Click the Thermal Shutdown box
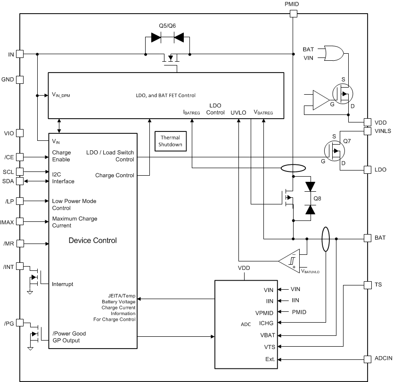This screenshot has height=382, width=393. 171,141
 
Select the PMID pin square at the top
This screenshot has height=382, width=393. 293,14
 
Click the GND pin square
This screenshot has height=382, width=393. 20,80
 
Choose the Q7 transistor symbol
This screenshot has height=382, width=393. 335,151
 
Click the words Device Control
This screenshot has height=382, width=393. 92,241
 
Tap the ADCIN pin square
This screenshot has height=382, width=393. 368,359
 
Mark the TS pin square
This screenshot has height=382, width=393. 368,285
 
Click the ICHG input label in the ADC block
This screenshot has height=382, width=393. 267,323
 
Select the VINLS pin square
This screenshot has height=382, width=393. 368,131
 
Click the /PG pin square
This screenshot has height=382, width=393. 20,324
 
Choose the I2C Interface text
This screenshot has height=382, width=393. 63,178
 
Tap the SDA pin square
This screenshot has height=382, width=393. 20,181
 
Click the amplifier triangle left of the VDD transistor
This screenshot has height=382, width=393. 320,100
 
